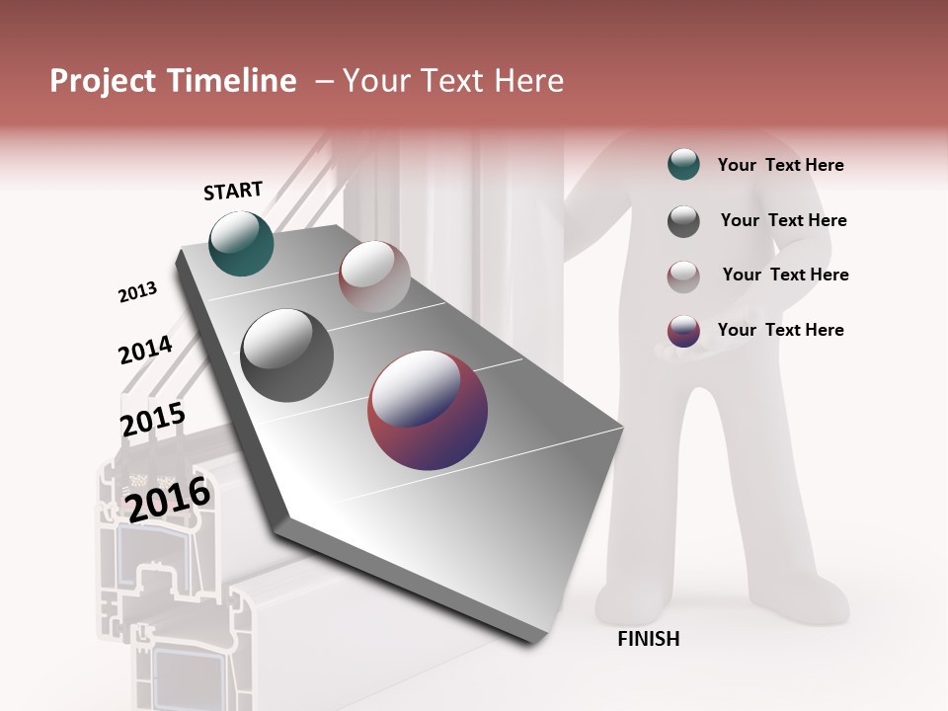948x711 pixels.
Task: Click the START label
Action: point(233,191)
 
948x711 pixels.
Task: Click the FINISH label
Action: point(649,639)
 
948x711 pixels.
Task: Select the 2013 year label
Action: point(137,292)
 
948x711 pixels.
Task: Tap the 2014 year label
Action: point(145,350)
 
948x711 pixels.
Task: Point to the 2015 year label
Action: point(152,420)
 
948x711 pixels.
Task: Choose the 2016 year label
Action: point(168,499)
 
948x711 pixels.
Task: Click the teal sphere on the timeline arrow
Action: point(241,243)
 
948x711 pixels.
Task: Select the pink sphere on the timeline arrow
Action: point(374,276)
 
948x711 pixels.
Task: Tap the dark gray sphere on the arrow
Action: point(287,355)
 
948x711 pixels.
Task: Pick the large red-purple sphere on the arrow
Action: point(428,410)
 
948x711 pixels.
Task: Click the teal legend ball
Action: point(683,165)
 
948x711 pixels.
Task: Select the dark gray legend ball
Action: point(683,221)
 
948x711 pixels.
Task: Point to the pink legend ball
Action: point(683,276)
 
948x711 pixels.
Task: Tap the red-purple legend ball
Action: point(683,331)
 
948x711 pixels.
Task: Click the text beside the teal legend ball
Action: point(780,165)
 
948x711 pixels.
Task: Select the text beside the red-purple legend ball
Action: point(780,330)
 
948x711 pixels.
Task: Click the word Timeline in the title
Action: point(231,81)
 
